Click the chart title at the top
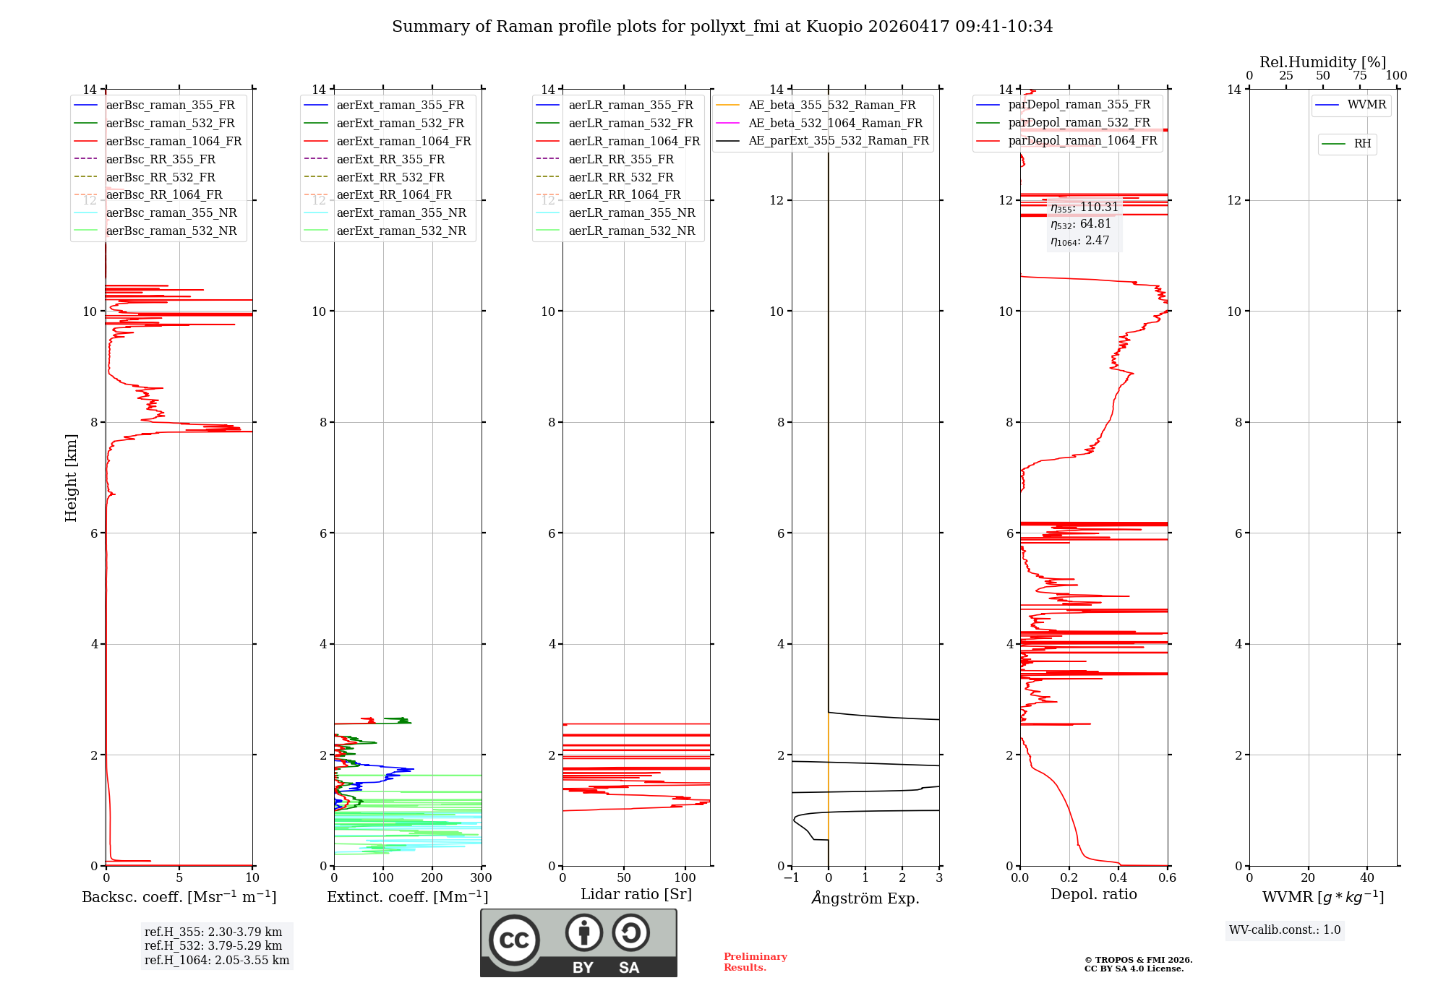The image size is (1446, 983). point(722,27)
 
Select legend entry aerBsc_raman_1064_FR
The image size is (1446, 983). point(174,141)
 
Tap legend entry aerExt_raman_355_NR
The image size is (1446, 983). point(401,213)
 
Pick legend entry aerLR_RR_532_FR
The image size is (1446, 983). point(621,177)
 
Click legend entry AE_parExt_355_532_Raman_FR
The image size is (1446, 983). point(839,140)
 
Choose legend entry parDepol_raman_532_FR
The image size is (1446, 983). point(1079,122)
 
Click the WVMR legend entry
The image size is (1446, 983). point(1366,105)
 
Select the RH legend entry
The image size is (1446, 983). point(1362,144)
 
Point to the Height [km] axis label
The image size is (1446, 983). point(71,478)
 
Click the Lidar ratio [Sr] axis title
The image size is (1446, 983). point(636,894)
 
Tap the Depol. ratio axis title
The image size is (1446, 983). point(1093,894)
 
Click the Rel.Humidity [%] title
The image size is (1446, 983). point(1322,62)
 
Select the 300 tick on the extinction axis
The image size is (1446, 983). point(481,878)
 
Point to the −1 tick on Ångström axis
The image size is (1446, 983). point(791,878)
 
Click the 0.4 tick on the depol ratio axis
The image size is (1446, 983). point(1118,878)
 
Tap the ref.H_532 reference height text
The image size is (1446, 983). point(213,945)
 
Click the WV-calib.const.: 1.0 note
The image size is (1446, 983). point(1285,930)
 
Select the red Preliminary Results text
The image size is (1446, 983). point(755,962)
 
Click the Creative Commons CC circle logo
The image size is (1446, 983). point(514,940)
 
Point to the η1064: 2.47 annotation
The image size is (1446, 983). point(1080,241)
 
